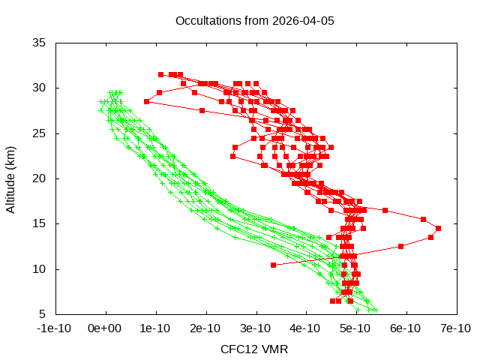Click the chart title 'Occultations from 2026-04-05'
pyautogui.click(x=254, y=20)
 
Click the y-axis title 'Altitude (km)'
pyautogui.click(x=11, y=178)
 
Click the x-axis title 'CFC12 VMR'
pyautogui.click(x=254, y=349)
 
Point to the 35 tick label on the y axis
pyautogui.click(x=40, y=43)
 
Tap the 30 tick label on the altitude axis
pyautogui.click(x=40, y=88)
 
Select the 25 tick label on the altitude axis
pyautogui.click(x=40, y=133)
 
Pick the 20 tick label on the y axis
pyautogui.click(x=40, y=178)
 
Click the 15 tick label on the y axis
pyautogui.click(x=40, y=223)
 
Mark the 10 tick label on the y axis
pyautogui.click(x=40, y=268)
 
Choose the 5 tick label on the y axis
pyautogui.click(x=43, y=313)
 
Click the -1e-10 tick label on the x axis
pyautogui.click(x=55, y=328)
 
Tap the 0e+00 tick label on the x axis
pyautogui.click(x=106, y=328)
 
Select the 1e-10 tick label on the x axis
pyautogui.click(x=156, y=328)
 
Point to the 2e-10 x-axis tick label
pyautogui.click(x=205, y=328)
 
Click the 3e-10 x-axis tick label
pyautogui.click(x=256, y=328)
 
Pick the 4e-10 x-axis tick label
pyautogui.click(x=306, y=328)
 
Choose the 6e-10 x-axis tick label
pyautogui.click(x=406, y=328)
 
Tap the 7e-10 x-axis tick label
pyautogui.click(x=455, y=328)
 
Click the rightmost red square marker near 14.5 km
pyautogui.click(x=438, y=228)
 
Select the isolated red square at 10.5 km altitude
pyautogui.click(x=273, y=265)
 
